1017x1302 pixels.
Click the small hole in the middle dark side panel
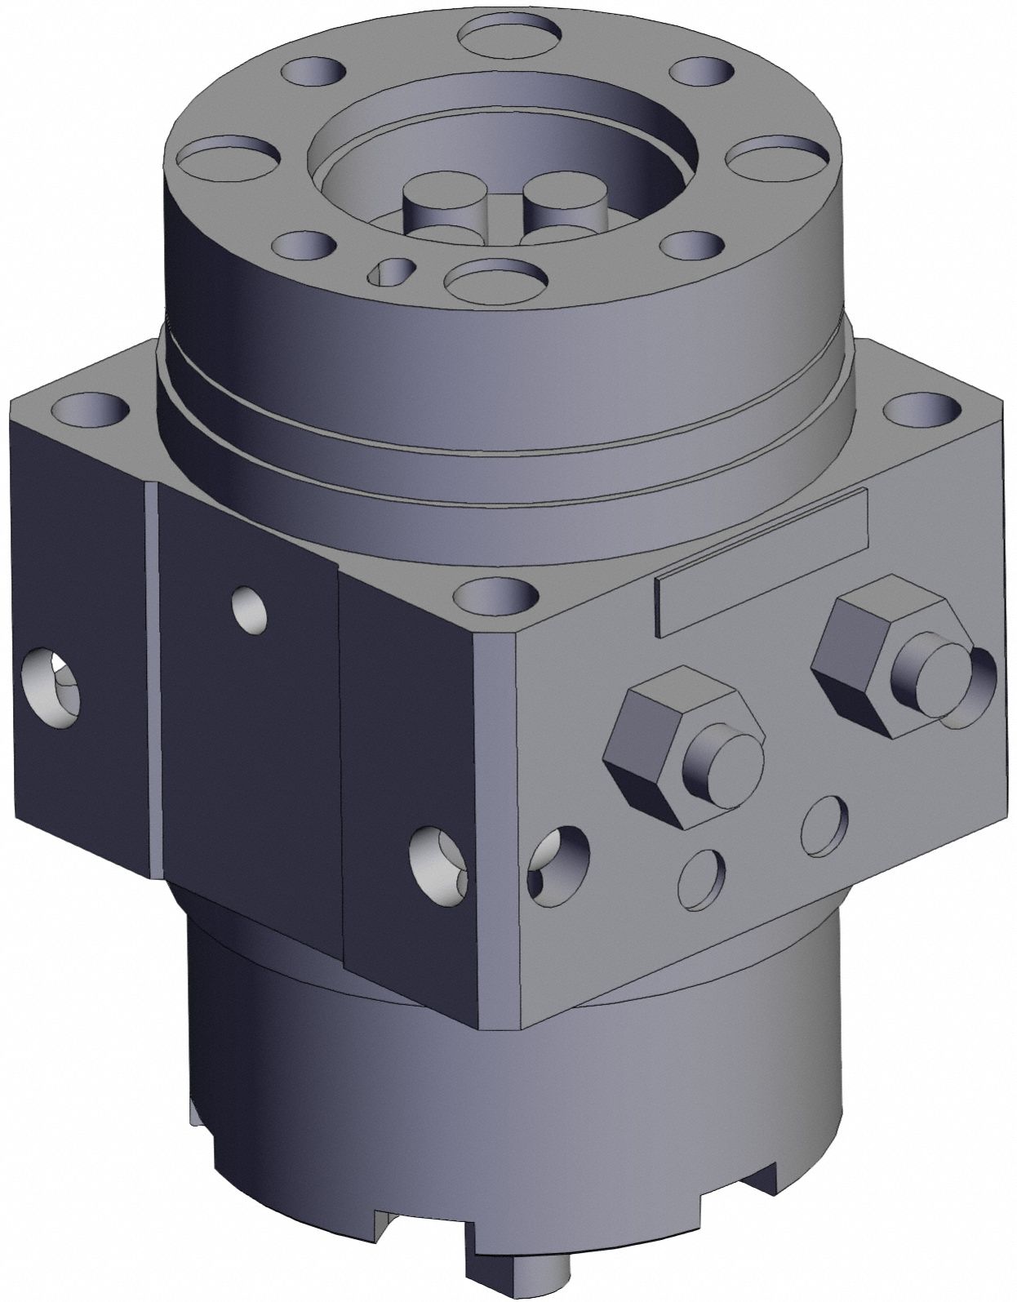tap(250, 608)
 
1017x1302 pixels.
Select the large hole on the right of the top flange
tap(771, 156)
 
